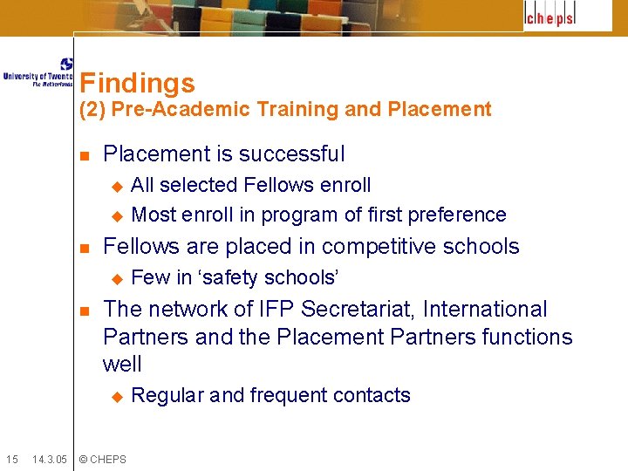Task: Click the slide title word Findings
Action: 137,84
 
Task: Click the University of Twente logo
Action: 38,73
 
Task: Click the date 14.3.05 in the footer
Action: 49,459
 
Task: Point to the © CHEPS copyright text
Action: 102,459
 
